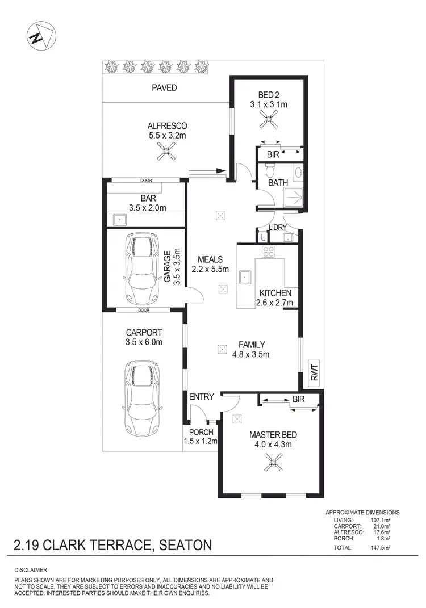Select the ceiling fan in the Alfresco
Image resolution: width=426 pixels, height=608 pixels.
click(167, 150)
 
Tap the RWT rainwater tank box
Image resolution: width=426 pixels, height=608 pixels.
click(315, 373)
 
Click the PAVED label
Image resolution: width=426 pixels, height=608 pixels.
click(164, 88)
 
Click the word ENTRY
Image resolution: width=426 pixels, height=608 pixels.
click(201, 397)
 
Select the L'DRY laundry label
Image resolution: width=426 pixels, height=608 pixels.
click(278, 228)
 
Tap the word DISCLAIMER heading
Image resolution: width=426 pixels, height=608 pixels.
click(31, 569)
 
